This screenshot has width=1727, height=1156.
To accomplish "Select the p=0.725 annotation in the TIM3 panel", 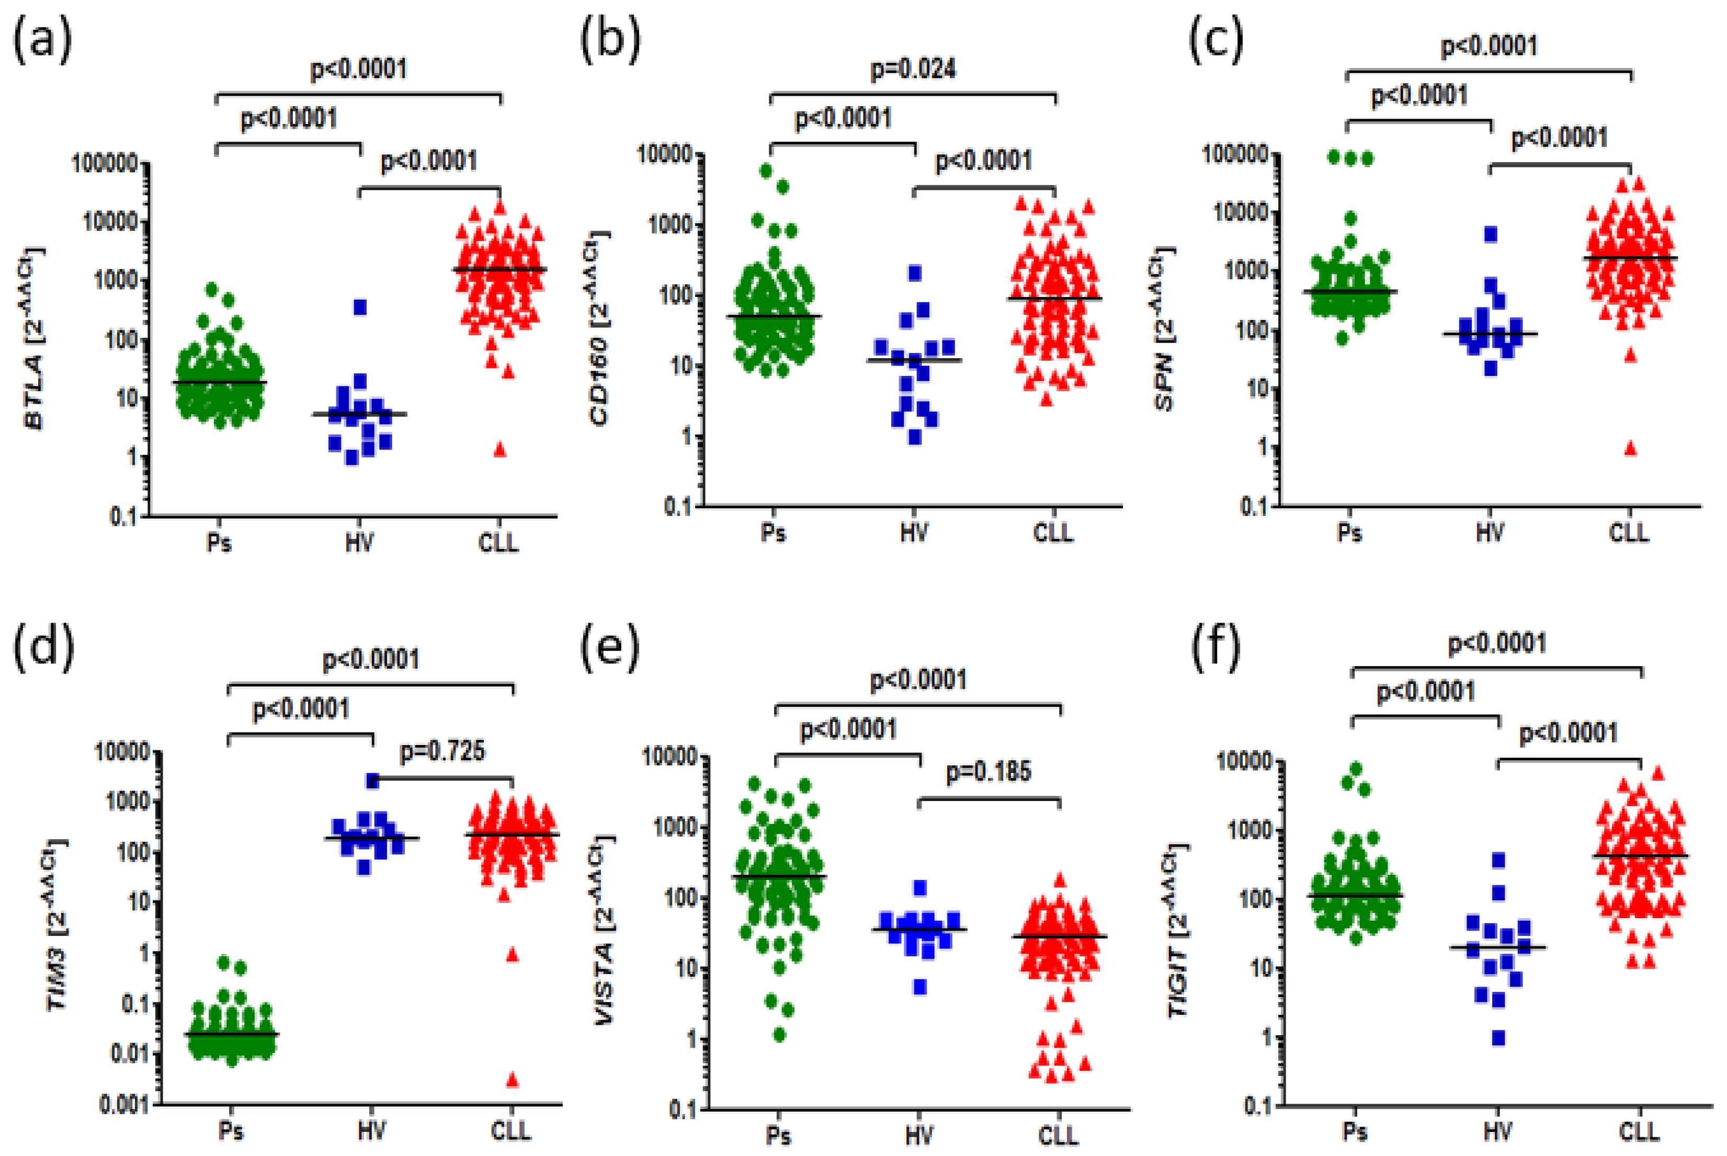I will [442, 751].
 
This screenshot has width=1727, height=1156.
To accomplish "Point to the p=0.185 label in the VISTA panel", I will [988, 772].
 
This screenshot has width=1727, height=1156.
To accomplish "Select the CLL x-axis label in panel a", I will [498, 543].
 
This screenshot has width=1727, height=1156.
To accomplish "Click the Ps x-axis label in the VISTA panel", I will [778, 1136].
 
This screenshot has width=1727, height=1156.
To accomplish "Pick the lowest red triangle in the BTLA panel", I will [500, 450].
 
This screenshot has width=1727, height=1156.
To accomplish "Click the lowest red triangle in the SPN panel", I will [1630, 448].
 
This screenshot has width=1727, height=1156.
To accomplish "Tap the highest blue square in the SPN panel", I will [1490, 234].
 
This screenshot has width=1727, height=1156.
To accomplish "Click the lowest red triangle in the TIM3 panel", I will [512, 1081].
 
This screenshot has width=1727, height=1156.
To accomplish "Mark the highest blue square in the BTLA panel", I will [360, 307].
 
